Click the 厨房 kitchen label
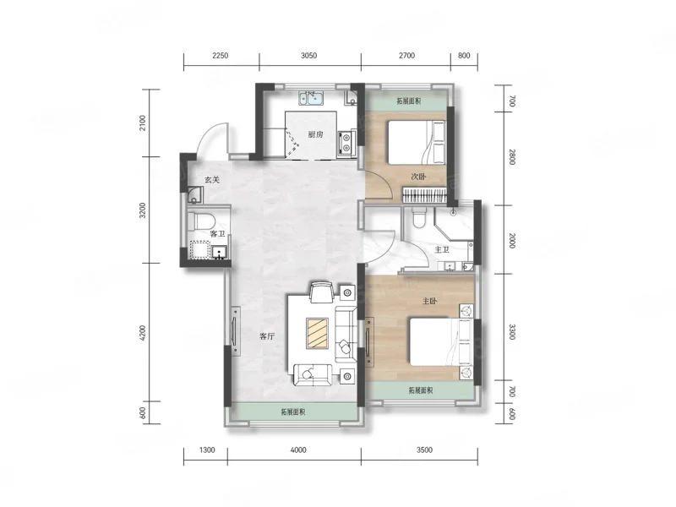(315, 134)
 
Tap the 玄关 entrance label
(212, 180)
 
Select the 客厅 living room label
(267, 336)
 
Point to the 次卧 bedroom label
(418, 177)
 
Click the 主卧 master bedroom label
(429, 301)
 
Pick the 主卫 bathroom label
(442, 250)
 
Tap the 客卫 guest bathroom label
(217, 234)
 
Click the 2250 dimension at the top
(220, 56)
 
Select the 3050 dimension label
(308, 56)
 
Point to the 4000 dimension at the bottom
(298, 450)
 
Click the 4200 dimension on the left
(143, 332)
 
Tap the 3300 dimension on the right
(512, 332)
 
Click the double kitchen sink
(312, 98)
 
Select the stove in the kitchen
(346, 143)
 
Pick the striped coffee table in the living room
(318, 333)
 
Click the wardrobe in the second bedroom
(425, 194)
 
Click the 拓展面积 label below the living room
(293, 412)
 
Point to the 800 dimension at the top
(464, 56)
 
